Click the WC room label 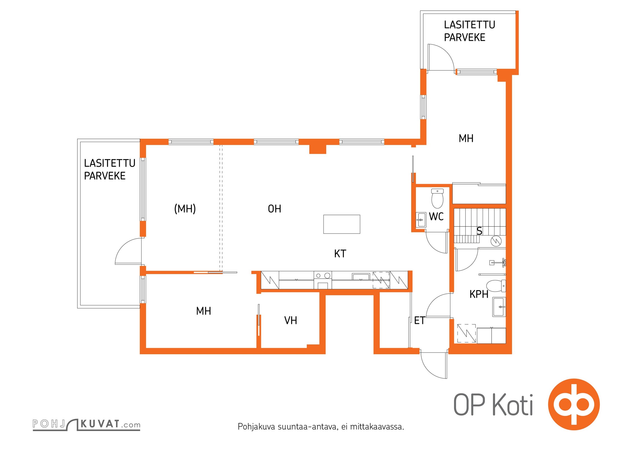coord(436,217)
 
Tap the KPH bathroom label coord(479,294)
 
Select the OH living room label coord(274,209)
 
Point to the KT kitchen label coord(340,254)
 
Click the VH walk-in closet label coord(290,320)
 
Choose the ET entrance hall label coord(420,320)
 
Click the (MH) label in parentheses coord(185,209)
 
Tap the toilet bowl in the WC coord(437,198)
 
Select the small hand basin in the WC coord(420,220)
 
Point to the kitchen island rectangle coord(342,224)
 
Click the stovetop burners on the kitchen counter coord(323,276)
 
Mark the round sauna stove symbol coord(496,241)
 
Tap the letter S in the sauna coord(479,231)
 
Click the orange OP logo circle coord(574,404)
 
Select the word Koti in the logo coord(513,405)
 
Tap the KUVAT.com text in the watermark coord(110,424)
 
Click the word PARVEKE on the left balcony coord(105,176)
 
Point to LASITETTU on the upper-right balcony coord(469,25)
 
